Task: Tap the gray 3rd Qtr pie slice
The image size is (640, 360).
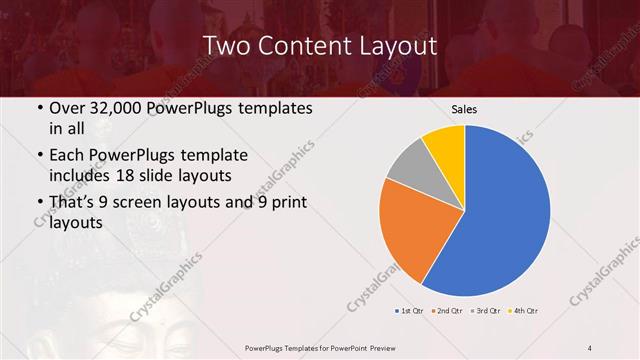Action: [x=410, y=165]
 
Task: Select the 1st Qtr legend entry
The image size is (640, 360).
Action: [x=410, y=310]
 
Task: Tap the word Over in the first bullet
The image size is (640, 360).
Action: [x=67, y=107]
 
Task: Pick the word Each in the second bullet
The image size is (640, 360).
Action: [x=67, y=155]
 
